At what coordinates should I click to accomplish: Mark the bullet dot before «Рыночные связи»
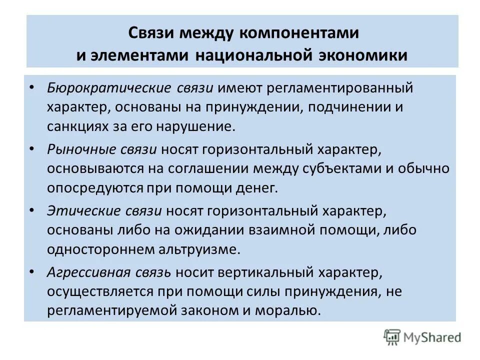(32, 148)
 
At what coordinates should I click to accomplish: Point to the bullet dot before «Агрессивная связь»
(32, 271)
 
